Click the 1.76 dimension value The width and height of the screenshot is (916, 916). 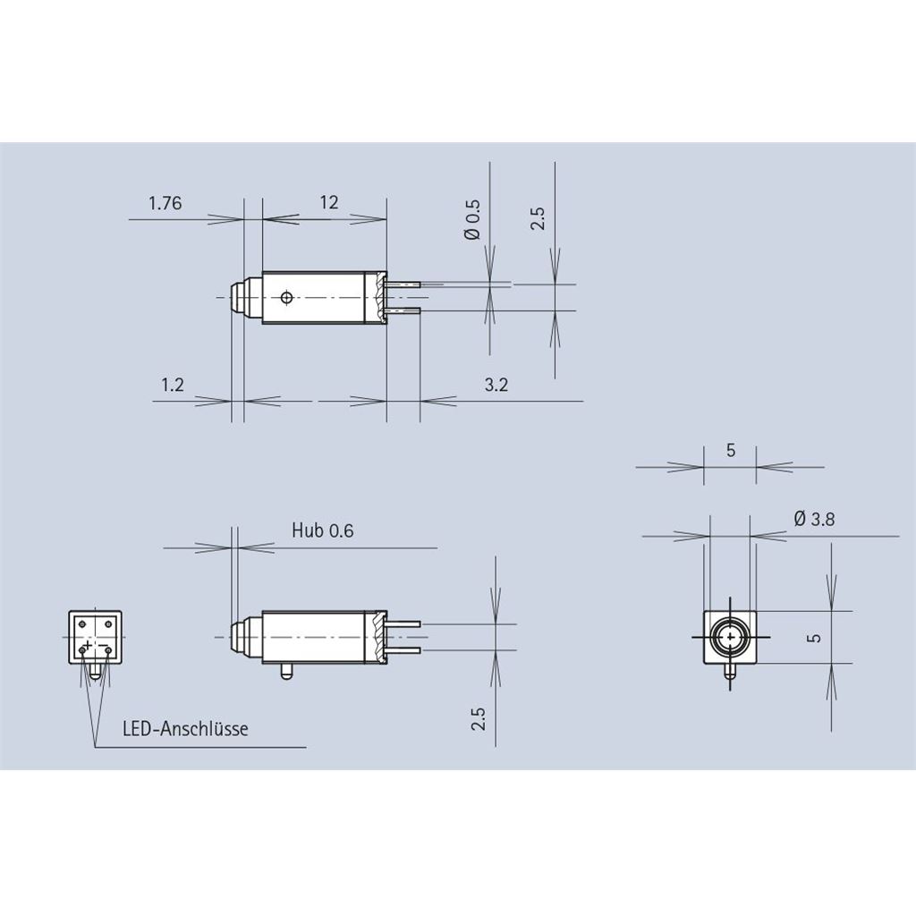(x=165, y=203)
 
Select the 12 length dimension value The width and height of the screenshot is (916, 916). (x=329, y=202)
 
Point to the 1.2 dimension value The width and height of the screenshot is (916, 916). (x=173, y=385)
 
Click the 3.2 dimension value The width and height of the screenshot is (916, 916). (x=496, y=385)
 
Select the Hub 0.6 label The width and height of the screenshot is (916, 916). (x=322, y=530)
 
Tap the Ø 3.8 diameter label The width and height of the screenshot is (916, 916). (x=814, y=518)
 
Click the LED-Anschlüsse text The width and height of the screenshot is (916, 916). (x=185, y=728)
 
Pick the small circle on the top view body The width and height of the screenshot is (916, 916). (x=286, y=298)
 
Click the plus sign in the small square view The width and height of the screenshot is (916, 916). (x=87, y=645)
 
